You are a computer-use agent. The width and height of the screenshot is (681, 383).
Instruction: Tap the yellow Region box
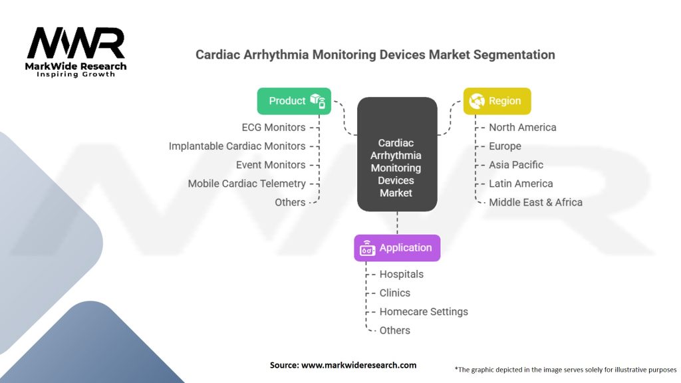[497, 101]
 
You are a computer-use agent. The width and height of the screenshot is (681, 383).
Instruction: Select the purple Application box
[397, 248]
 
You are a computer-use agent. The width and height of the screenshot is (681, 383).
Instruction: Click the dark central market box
[396, 154]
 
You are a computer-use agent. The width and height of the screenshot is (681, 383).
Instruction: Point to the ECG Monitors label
[274, 127]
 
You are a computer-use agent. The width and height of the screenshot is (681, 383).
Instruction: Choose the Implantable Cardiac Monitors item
[237, 146]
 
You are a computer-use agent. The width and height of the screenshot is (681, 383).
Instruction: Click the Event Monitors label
[271, 165]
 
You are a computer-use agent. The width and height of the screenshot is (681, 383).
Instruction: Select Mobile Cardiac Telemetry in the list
[247, 184]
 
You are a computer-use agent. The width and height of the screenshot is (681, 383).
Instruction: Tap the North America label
[522, 127]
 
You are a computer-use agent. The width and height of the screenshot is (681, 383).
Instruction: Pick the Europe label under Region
[505, 146]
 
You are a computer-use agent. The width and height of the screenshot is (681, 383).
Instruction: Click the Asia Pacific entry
[516, 165]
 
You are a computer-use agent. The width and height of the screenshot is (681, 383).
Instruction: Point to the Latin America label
[521, 184]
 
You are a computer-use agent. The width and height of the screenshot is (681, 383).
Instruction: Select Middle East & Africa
[535, 202]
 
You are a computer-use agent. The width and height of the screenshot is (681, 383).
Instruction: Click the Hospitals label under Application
[401, 274]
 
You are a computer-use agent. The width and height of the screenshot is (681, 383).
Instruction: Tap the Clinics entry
[395, 293]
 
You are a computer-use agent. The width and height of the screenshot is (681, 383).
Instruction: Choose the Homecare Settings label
[424, 311]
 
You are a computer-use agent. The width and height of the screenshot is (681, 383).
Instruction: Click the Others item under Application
[395, 330]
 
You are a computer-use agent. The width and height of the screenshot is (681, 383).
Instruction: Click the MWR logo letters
[76, 43]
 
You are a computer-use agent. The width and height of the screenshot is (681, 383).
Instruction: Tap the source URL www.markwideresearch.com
[358, 365]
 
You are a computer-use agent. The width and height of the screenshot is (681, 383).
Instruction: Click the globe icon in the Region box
[476, 101]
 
